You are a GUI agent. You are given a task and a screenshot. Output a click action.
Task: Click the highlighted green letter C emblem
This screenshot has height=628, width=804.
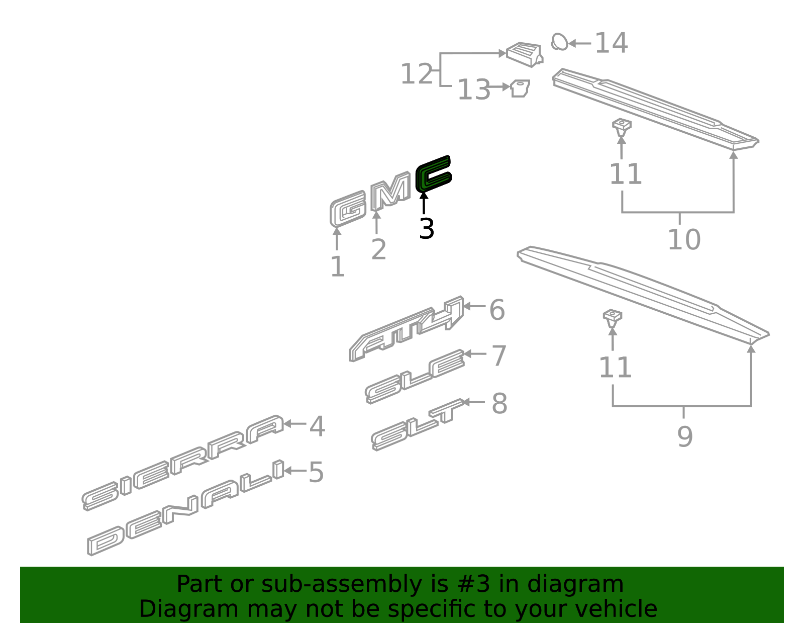(x=433, y=174)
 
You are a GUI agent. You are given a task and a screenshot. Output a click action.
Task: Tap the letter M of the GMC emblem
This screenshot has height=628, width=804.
(x=390, y=194)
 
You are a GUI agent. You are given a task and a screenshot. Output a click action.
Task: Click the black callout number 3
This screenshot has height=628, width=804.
(x=426, y=229)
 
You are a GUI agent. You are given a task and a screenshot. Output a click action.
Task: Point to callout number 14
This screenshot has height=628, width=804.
(x=611, y=43)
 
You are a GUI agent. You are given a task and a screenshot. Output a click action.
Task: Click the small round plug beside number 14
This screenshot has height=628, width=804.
(x=559, y=42)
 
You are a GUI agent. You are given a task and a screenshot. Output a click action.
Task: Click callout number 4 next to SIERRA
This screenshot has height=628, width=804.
(x=317, y=427)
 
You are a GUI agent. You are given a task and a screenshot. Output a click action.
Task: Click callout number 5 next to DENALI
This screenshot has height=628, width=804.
(x=316, y=473)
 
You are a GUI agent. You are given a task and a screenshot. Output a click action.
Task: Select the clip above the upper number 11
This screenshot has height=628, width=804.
(x=622, y=127)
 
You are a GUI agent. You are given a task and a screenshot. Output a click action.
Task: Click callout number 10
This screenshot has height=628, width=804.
(x=683, y=239)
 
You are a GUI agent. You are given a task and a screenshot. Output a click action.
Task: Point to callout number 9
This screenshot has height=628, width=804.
(x=685, y=436)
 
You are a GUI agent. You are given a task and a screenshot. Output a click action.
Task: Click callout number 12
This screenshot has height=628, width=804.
(x=417, y=74)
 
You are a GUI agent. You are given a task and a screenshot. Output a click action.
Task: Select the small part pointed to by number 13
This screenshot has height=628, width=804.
(x=520, y=88)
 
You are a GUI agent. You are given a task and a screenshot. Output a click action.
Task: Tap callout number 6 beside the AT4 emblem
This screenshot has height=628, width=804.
(x=497, y=310)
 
